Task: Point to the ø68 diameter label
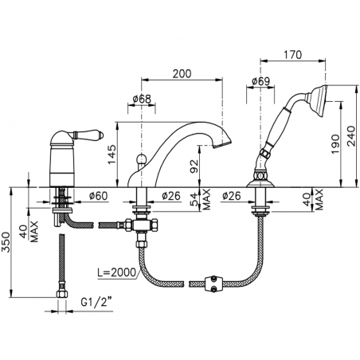(140, 99)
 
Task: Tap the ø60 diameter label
(98, 196)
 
